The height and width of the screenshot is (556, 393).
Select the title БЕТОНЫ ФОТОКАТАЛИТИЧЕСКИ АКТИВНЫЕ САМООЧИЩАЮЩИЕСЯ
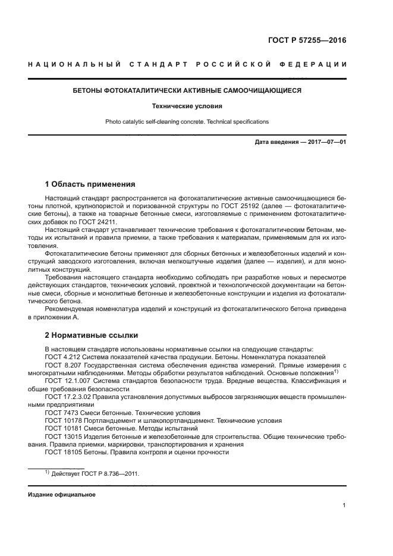pos(187,91)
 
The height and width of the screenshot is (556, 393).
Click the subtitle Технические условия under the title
pos(187,106)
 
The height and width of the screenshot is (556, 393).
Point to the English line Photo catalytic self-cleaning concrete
pos(187,122)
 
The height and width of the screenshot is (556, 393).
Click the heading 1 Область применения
pos(90,184)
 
